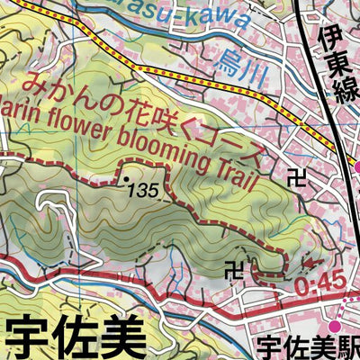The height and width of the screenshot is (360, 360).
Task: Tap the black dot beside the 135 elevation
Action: (x=126, y=181)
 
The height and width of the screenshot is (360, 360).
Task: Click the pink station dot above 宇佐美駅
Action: (x=336, y=324)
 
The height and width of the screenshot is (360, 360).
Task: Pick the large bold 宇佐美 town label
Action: (x=76, y=337)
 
